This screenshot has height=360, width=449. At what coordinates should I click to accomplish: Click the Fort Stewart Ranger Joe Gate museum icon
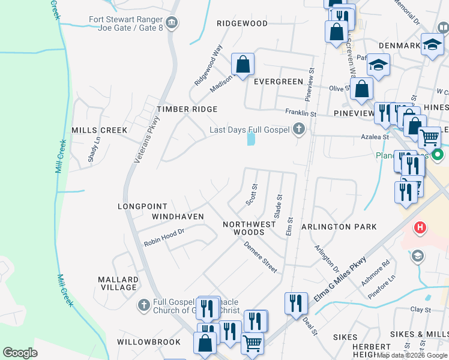(x=172, y=23)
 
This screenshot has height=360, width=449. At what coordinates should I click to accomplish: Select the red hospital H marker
(x=420, y=228)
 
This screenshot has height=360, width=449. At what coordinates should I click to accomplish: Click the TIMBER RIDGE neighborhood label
(x=187, y=109)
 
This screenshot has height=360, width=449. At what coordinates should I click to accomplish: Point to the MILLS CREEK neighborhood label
(x=99, y=130)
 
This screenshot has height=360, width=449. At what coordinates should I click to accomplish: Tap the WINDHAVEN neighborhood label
(x=178, y=216)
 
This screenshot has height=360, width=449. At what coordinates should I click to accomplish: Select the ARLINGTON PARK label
(x=339, y=227)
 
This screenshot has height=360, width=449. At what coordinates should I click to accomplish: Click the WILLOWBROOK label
(x=148, y=342)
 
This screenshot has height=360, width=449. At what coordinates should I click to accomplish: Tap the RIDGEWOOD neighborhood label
(x=242, y=23)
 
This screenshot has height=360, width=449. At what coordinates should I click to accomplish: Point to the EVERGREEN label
(x=278, y=82)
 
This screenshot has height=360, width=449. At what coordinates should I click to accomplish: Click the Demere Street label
(x=260, y=257)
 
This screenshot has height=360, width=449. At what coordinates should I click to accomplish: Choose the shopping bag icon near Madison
(x=243, y=65)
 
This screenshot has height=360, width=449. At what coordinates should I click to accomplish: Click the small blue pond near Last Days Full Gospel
(x=250, y=139)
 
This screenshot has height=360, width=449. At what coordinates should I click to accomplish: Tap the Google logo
(x=20, y=353)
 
